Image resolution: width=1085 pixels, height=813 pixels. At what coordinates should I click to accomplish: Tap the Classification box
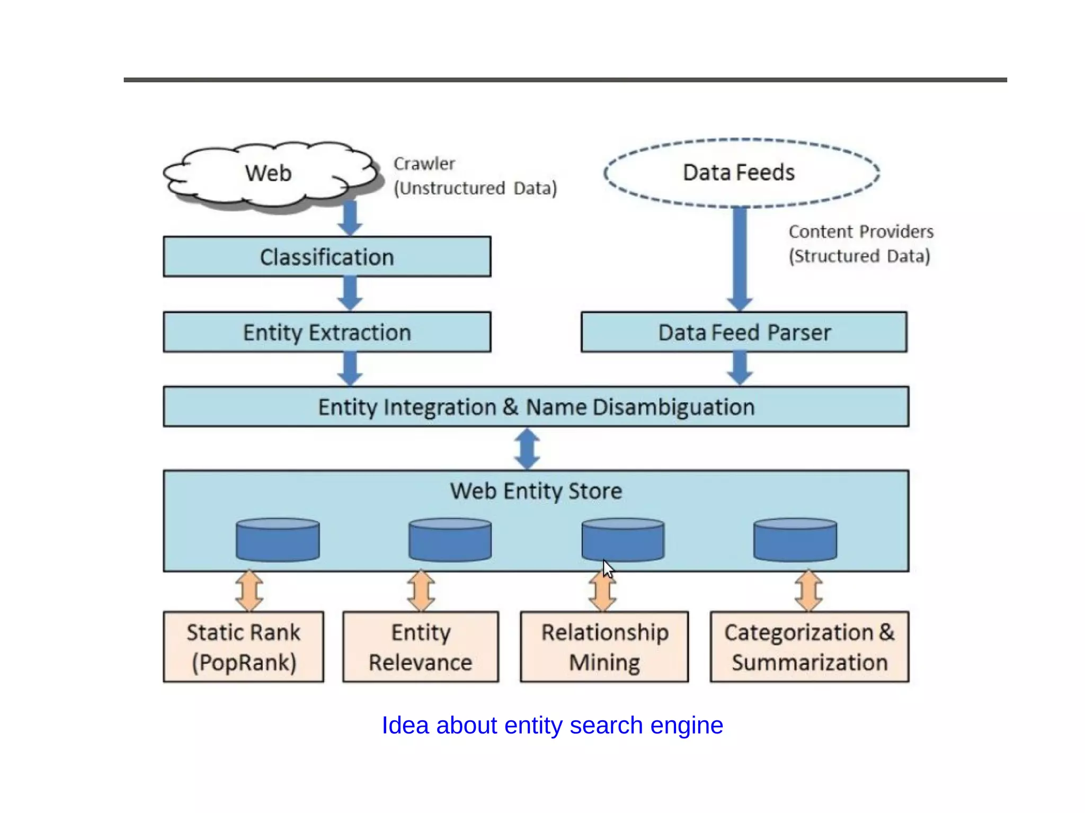pos(327,257)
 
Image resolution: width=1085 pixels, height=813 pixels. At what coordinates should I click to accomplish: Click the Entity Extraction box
pos(327,332)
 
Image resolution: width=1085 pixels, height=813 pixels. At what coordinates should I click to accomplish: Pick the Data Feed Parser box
pos(744,332)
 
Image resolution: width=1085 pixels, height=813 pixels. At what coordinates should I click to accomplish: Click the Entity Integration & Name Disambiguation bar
pos(536,407)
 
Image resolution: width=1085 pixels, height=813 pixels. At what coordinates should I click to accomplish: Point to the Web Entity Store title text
pos(536,491)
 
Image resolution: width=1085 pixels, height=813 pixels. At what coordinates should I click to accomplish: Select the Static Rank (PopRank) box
pos(243,647)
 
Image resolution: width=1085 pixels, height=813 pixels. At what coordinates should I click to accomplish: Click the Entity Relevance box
pos(421,647)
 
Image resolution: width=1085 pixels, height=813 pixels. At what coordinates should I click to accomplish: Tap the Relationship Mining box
pos(604,647)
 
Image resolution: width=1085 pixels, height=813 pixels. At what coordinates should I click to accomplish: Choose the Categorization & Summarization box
pos(809,647)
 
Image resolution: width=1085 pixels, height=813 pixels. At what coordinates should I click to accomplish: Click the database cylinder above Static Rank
pos(278,540)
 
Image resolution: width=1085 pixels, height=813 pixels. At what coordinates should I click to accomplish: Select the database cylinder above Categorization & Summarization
pos(795,540)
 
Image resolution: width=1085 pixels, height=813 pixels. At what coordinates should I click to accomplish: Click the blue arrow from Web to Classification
pos(350,218)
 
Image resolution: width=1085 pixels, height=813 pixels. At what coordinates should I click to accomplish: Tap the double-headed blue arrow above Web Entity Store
pos(527,449)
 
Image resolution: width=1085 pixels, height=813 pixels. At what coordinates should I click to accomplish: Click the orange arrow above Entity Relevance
pos(421,591)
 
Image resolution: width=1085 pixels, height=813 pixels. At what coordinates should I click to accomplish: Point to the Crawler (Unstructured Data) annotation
pos(475,176)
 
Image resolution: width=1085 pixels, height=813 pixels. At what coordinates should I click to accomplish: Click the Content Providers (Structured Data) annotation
pos(860,244)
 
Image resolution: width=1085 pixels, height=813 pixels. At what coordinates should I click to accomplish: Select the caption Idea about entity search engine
pos(552,725)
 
